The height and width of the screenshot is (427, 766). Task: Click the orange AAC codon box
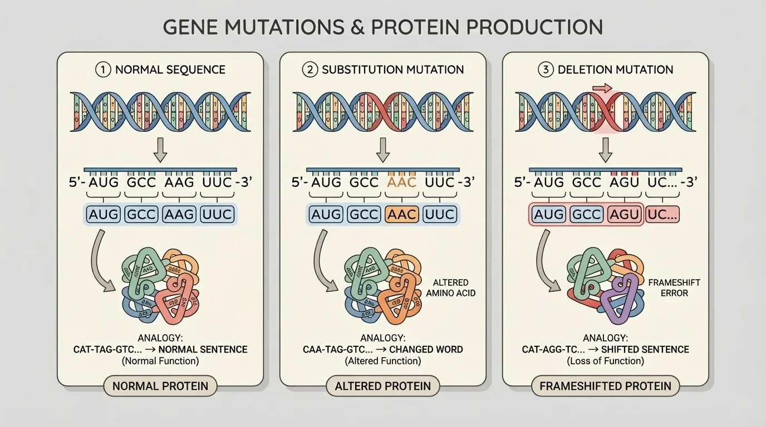click(401, 215)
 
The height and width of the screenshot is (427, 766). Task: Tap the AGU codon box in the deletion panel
click(624, 215)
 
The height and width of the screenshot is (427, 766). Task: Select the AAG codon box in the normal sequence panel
click(179, 215)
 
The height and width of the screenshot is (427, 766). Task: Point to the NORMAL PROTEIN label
click(160, 386)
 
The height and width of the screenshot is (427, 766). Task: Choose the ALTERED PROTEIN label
click(383, 386)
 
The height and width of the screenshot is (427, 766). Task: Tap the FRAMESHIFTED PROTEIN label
click(606, 386)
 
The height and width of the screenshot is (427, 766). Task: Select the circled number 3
click(544, 70)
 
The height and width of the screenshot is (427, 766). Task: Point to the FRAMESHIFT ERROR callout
click(674, 287)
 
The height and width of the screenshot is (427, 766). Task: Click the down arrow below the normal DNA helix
click(160, 151)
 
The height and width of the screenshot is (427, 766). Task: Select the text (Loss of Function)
click(606, 361)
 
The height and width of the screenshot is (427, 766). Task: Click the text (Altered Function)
click(383, 361)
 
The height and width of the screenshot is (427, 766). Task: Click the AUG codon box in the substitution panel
click(326, 215)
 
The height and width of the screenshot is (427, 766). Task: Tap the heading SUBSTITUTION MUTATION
click(392, 70)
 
